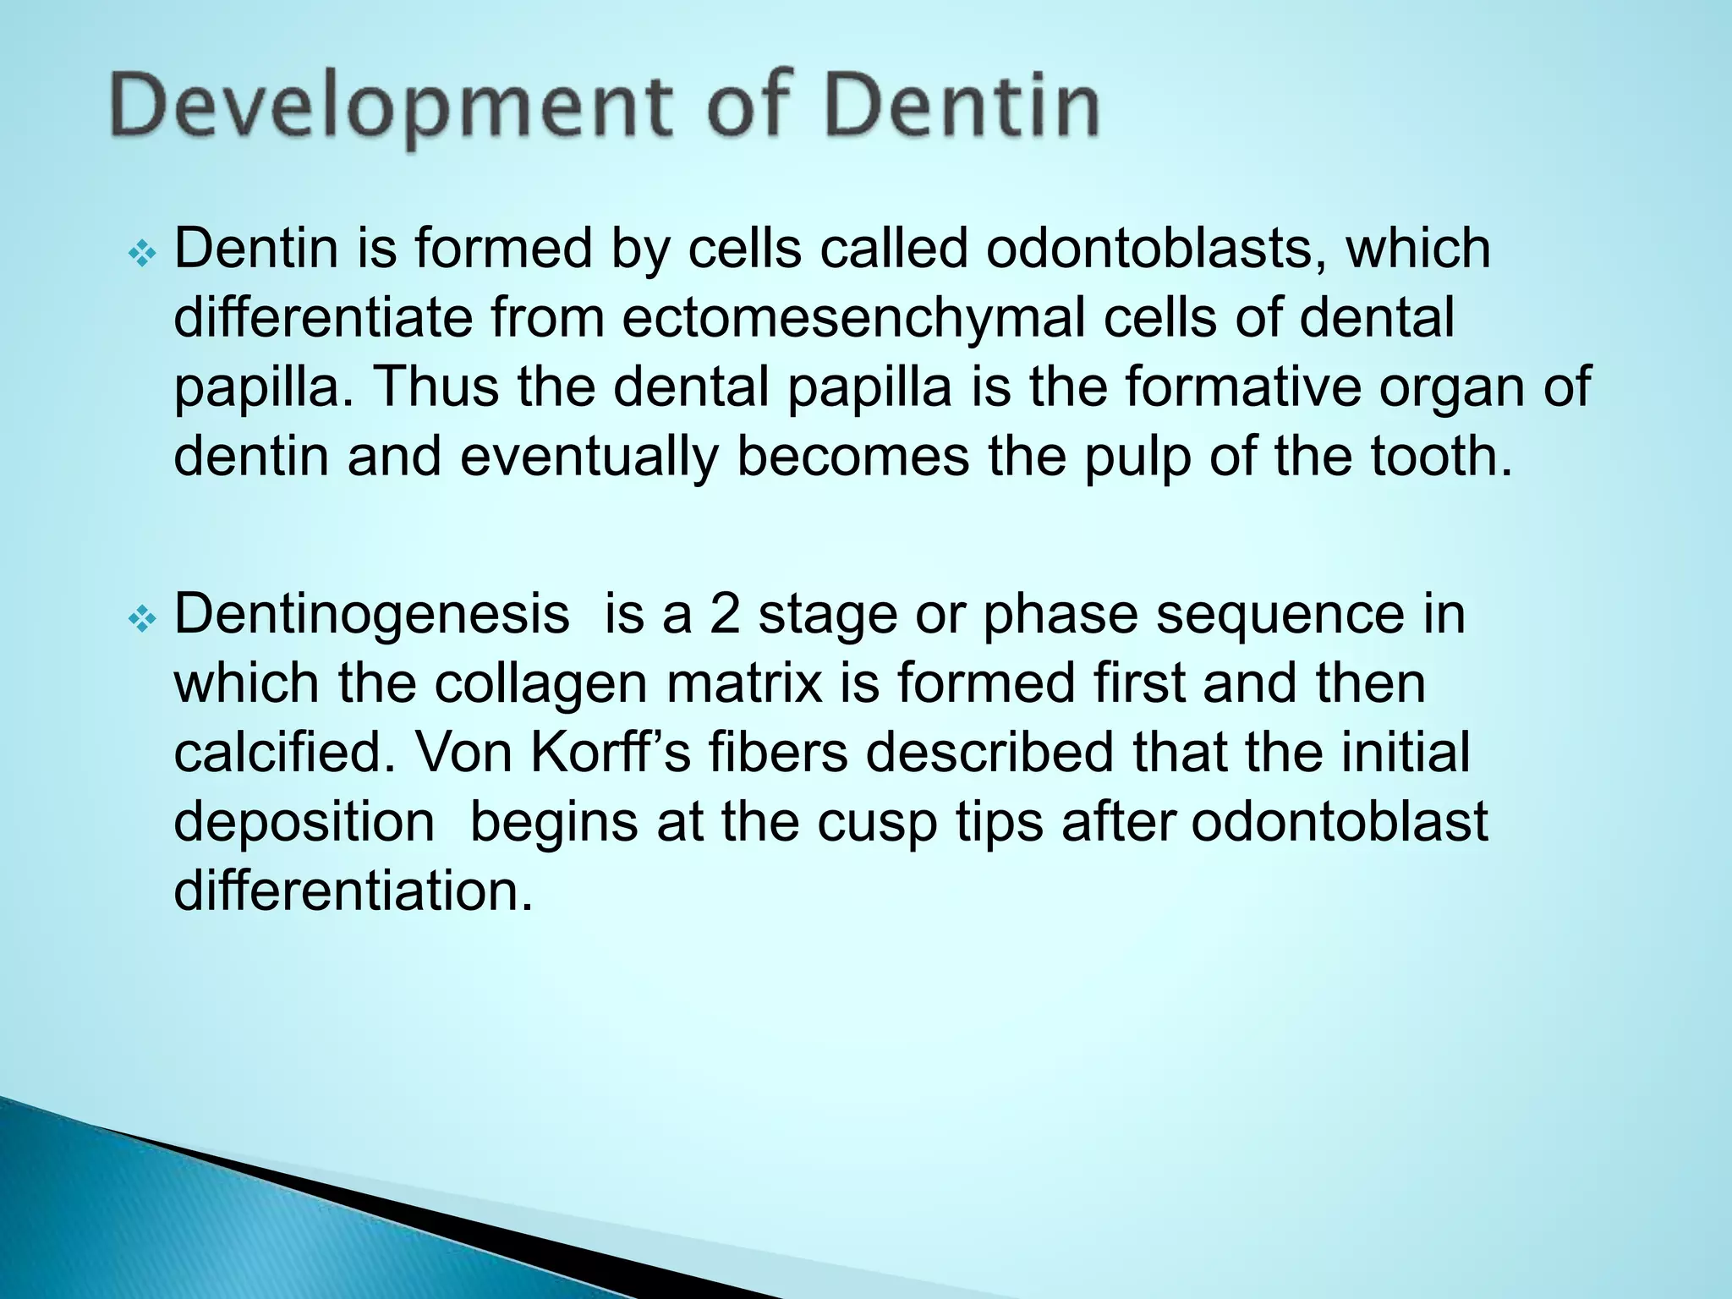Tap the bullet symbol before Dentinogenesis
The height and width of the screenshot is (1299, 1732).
pos(141,620)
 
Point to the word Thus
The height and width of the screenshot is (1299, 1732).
pos(436,387)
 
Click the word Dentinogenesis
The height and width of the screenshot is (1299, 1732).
pos(371,616)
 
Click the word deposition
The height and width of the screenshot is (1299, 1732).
pos(304,823)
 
